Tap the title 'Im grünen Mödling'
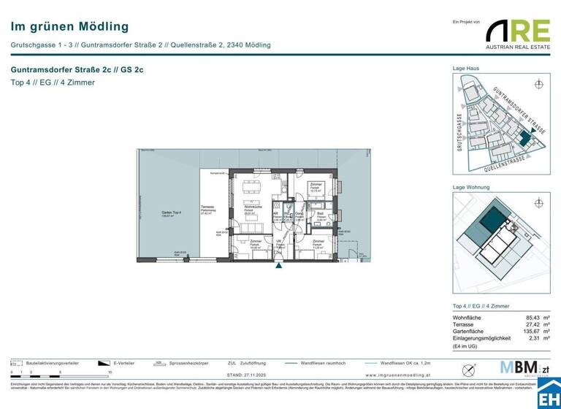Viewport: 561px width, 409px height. pyautogui.click(x=69, y=26)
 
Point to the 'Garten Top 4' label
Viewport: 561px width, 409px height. pyautogui.click(x=172, y=214)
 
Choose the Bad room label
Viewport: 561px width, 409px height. pyautogui.click(x=320, y=214)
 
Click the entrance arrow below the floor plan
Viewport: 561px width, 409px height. pyautogui.click(x=278, y=266)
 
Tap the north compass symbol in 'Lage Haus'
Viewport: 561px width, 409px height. pyautogui.click(x=539, y=84)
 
